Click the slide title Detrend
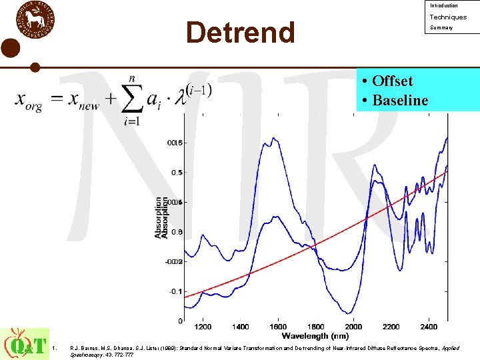[240, 32]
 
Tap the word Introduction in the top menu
[444, 6]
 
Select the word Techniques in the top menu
[448, 17]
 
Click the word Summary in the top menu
[441, 28]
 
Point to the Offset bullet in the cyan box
[387, 81]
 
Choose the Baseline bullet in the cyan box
[395, 101]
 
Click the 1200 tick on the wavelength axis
[203, 327]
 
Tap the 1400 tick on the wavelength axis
[241, 327]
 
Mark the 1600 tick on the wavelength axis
[278, 327]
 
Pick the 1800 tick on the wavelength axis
[316, 327]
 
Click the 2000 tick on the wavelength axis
[353, 327]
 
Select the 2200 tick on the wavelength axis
[391, 327]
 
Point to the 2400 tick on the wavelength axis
[429, 327]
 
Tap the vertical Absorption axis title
[161, 217]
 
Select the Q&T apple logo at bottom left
[25, 343]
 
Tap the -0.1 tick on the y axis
[175, 291]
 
